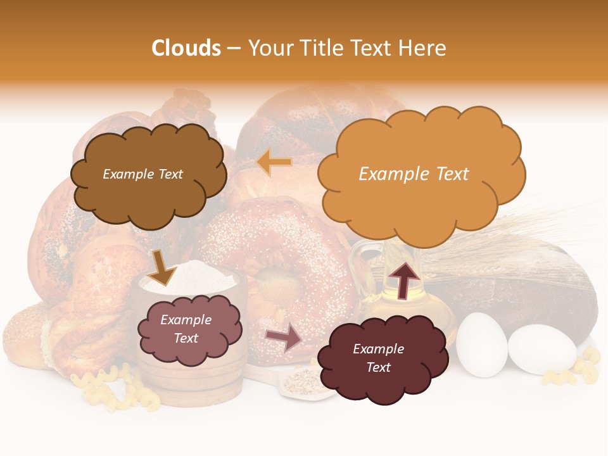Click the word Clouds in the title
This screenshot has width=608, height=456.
(x=186, y=48)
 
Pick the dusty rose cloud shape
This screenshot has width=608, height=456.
(x=189, y=329)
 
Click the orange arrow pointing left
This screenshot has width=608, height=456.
(x=275, y=162)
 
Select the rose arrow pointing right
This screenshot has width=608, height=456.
(x=284, y=338)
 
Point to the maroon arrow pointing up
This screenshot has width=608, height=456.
(x=403, y=279)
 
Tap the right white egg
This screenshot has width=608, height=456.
(x=542, y=349)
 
